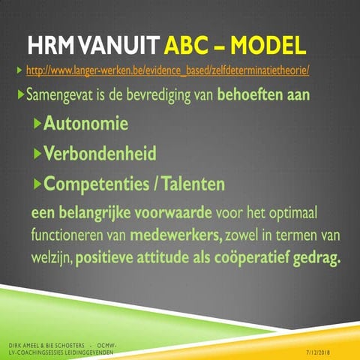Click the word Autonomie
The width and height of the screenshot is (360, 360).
click(x=85, y=124)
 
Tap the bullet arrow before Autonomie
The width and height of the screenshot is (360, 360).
click(x=37, y=124)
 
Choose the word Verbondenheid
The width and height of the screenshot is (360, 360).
click(x=100, y=154)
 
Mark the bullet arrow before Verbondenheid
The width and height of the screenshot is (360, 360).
click(x=37, y=154)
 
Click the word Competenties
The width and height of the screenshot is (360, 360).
click(x=97, y=183)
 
